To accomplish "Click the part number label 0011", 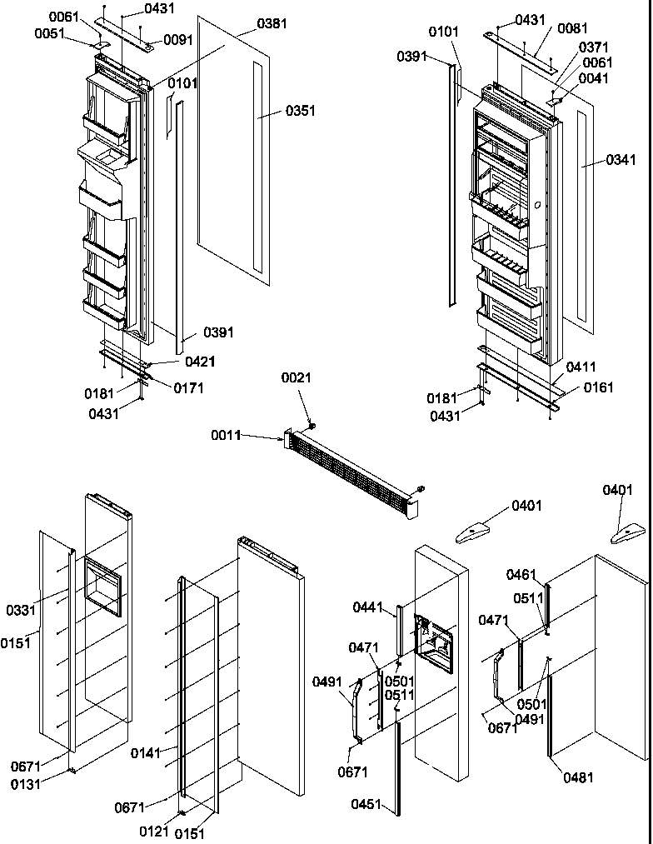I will [x=225, y=436].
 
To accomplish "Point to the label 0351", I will [x=300, y=110].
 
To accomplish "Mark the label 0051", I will [x=49, y=34].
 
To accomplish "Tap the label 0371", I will [x=593, y=47].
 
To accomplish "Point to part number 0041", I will [x=593, y=78].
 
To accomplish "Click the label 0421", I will [x=200, y=361].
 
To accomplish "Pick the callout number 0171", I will [x=189, y=387].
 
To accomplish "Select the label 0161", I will [x=599, y=387].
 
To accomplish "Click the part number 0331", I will [x=22, y=611].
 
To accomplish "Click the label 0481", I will [x=579, y=778].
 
